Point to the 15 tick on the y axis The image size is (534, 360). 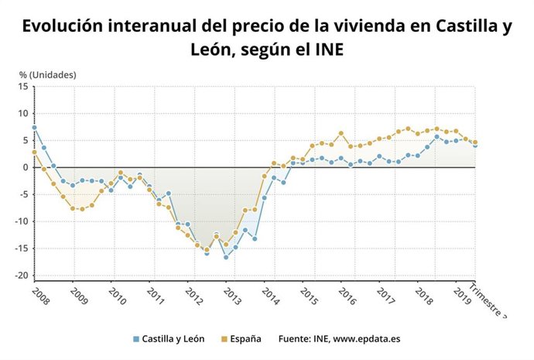click(22, 86)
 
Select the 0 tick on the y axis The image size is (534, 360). click(25, 167)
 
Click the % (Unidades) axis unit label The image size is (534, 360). click(47, 74)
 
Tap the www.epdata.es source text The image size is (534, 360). click(367, 338)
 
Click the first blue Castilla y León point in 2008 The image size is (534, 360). click(34, 128)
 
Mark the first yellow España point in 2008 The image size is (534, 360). click(34, 152)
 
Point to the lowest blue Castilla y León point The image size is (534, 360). click(226, 257)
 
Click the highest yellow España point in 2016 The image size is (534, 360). click(341, 133)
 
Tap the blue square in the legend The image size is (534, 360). click(136, 338)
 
